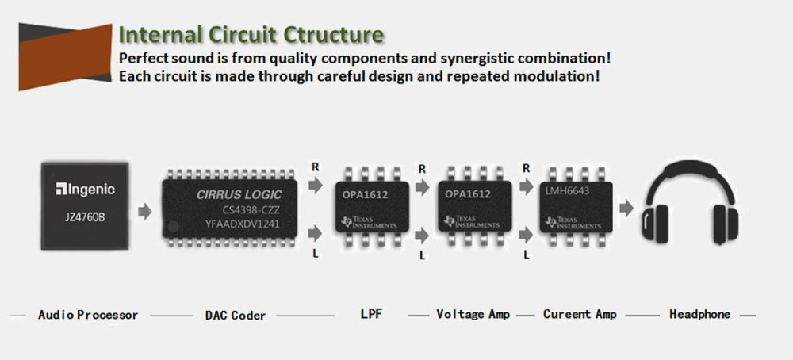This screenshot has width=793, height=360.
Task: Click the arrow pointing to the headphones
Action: click(x=626, y=209)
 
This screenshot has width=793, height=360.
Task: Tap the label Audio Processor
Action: click(x=88, y=315)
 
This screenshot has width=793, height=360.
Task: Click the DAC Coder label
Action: click(x=236, y=315)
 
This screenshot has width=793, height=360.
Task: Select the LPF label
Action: click(x=370, y=314)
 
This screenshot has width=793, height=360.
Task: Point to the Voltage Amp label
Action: click(x=473, y=314)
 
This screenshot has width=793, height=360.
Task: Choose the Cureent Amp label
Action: click(x=580, y=314)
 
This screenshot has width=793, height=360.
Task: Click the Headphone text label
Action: click(x=699, y=314)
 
